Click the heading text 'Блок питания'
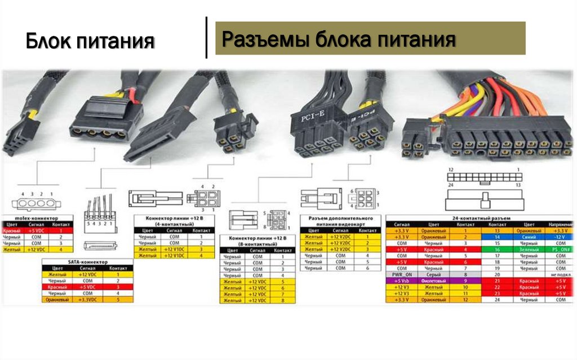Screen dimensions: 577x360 (90, 41)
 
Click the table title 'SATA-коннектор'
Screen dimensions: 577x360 (87, 262)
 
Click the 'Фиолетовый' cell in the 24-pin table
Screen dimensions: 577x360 (433, 281)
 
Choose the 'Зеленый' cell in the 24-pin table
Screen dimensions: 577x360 (528, 249)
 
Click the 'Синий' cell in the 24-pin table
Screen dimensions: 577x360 (528, 237)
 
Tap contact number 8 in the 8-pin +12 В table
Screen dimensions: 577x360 (283, 301)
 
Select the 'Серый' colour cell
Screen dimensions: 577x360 (433, 274)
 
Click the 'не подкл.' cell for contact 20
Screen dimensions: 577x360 (560, 274)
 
